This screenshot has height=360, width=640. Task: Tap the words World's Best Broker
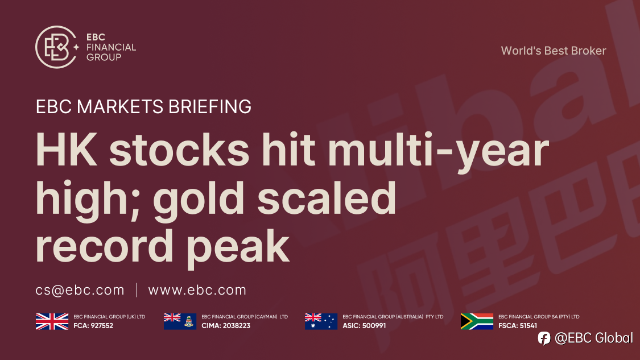(554, 51)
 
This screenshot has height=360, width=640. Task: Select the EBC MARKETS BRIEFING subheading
(143, 106)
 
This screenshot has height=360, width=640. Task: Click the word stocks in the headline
(179, 149)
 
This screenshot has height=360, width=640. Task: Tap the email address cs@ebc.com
(80, 290)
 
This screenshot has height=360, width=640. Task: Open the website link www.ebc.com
(197, 290)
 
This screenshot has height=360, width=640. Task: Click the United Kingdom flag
(52, 322)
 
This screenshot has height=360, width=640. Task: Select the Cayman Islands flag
(180, 322)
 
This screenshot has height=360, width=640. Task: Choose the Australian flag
(321, 322)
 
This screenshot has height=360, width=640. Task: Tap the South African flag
(477, 322)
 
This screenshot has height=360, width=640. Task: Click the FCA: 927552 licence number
(93, 326)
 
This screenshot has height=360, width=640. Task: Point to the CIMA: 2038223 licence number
(226, 326)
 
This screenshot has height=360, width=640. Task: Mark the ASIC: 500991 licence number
(364, 326)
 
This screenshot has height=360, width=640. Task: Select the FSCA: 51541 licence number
(518, 326)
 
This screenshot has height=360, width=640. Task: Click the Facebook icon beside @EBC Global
(544, 338)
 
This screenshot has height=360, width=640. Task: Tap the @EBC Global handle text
(594, 338)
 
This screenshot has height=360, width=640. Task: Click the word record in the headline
(105, 246)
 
